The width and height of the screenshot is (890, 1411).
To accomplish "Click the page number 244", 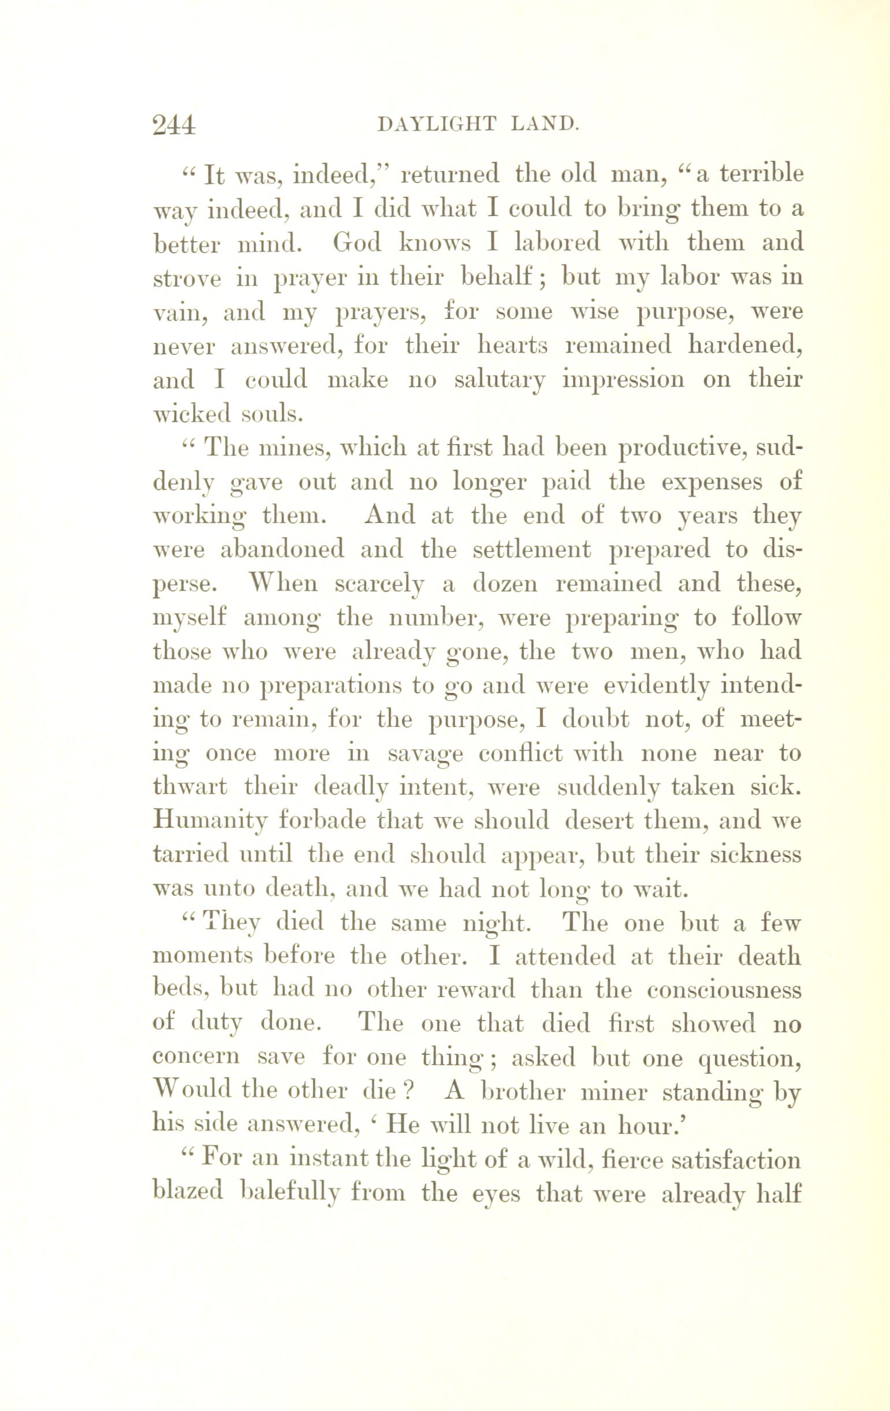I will click(173, 125).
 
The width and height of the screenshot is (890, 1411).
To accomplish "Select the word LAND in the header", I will click(545, 124).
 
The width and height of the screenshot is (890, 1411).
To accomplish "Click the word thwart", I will click(190, 786).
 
